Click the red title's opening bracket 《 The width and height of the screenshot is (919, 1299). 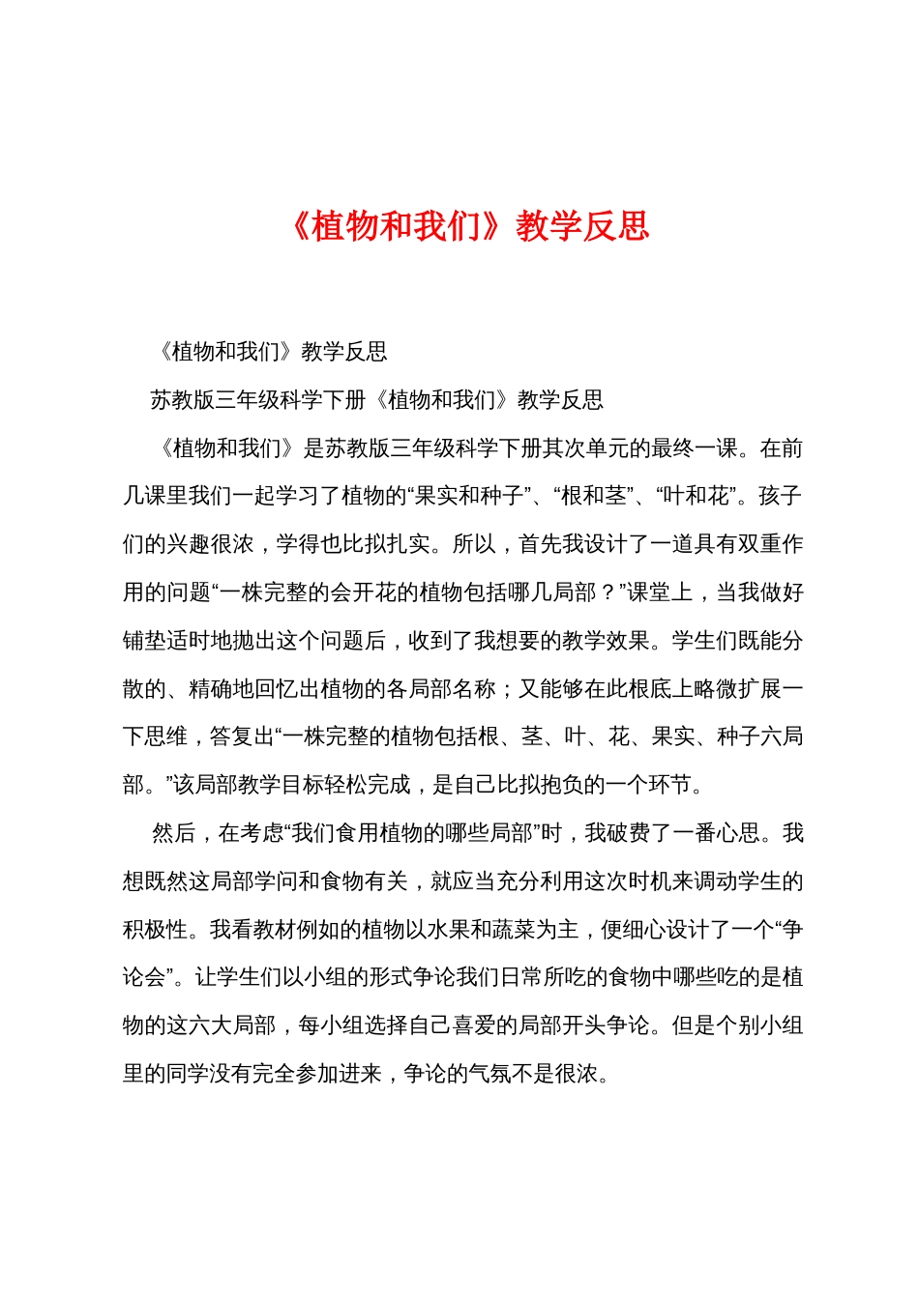pyautogui.click(x=299, y=226)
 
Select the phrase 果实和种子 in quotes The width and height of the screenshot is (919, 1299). pyautogui.click(x=470, y=496)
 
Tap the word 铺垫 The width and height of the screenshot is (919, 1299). pyautogui.click(x=144, y=641)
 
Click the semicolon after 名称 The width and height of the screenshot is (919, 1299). pyautogui.click(x=507, y=689)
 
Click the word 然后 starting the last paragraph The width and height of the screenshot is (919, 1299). pyautogui.click(x=174, y=833)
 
